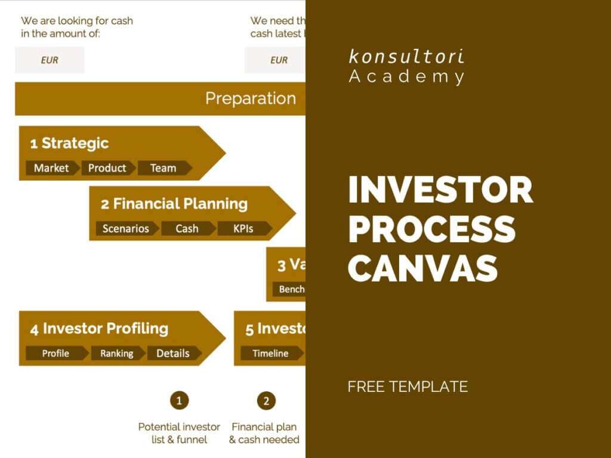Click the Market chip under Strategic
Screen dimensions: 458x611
click(51, 168)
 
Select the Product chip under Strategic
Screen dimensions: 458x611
click(107, 168)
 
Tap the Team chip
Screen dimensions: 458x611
click(163, 168)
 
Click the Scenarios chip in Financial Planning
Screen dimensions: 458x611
click(125, 228)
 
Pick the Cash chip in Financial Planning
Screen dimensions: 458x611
click(187, 228)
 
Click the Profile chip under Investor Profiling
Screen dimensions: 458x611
click(55, 353)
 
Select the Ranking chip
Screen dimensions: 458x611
click(117, 353)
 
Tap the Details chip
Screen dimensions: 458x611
click(173, 353)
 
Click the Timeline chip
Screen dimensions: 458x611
click(270, 353)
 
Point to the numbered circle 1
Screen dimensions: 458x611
click(179, 400)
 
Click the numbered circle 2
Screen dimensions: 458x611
click(267, 400)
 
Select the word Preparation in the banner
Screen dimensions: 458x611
click(251, 98)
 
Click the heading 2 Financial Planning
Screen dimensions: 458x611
click(174, 204)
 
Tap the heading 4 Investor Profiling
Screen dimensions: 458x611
click(100, 329)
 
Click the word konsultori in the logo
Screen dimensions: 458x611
click(406, 57)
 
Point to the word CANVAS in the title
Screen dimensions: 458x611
click(422, 268)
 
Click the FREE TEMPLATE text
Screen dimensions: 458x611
click(408, 386)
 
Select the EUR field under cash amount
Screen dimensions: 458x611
click(50, 60)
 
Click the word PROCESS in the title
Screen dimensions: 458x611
click(432, 228)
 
